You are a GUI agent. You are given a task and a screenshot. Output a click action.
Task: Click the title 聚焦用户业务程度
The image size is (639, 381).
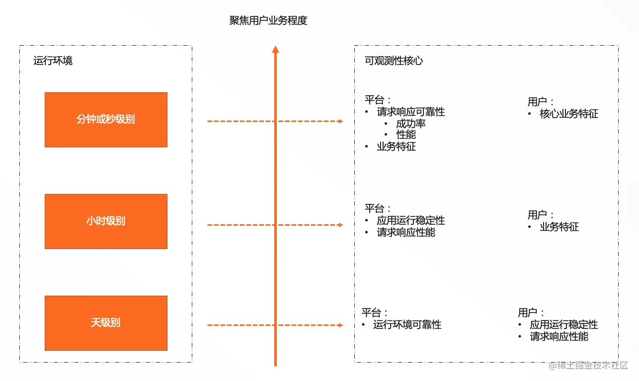point(268,21)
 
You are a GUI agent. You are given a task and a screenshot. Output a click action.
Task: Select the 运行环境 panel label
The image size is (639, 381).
point(53,61)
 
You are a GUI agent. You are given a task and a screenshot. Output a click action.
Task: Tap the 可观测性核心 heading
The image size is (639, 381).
point(394,61)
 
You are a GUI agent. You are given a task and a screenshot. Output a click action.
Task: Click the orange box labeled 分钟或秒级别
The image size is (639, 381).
point(106,120)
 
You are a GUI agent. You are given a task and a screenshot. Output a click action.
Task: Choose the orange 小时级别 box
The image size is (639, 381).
point(106,221)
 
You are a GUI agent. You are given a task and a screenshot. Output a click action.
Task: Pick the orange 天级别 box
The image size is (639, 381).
point(106,323)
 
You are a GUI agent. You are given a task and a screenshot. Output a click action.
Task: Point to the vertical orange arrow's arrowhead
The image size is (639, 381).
point(275,49)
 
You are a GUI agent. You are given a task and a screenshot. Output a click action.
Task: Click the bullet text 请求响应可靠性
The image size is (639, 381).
point(411,112)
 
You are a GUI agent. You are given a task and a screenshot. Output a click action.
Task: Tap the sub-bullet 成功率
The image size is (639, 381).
point(410,124)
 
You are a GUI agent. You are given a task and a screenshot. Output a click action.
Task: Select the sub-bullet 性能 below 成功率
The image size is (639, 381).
point(406,134)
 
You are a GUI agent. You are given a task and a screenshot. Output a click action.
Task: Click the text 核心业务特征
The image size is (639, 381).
point(569,114)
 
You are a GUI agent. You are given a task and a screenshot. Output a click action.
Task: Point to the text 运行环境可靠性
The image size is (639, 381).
point(407,325)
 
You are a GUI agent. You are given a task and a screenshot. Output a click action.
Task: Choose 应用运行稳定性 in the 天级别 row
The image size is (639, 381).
point(563,325)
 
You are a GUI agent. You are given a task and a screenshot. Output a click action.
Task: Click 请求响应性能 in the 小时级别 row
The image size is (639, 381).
point(406,232)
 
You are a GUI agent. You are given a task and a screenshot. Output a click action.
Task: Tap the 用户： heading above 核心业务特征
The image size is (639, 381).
point(541,102)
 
